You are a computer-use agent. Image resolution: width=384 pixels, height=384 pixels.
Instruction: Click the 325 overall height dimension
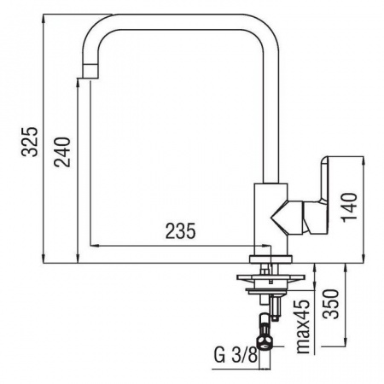coord(29,142)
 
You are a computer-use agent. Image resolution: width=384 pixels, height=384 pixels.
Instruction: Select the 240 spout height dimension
coord(62,152)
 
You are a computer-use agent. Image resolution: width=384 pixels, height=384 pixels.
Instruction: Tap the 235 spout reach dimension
coord(181,230)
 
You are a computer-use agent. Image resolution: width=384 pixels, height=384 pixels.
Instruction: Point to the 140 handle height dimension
coord(349,207)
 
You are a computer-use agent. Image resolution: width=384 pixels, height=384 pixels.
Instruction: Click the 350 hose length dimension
coord(332,304)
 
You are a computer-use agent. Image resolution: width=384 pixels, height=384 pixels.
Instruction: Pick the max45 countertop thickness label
coord(303,327)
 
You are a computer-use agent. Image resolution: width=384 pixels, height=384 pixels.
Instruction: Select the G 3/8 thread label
coord(236,356)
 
